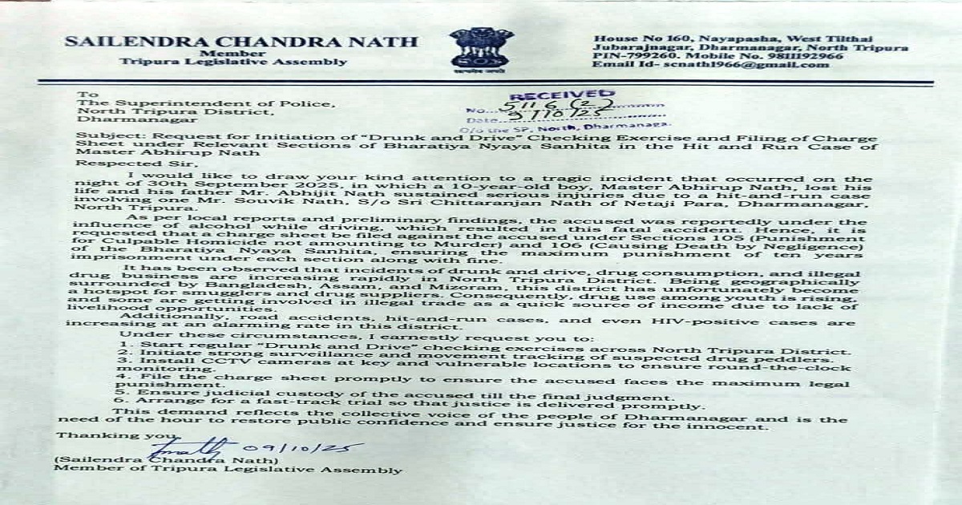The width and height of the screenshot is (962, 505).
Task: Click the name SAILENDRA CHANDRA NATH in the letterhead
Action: point(240,42)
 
